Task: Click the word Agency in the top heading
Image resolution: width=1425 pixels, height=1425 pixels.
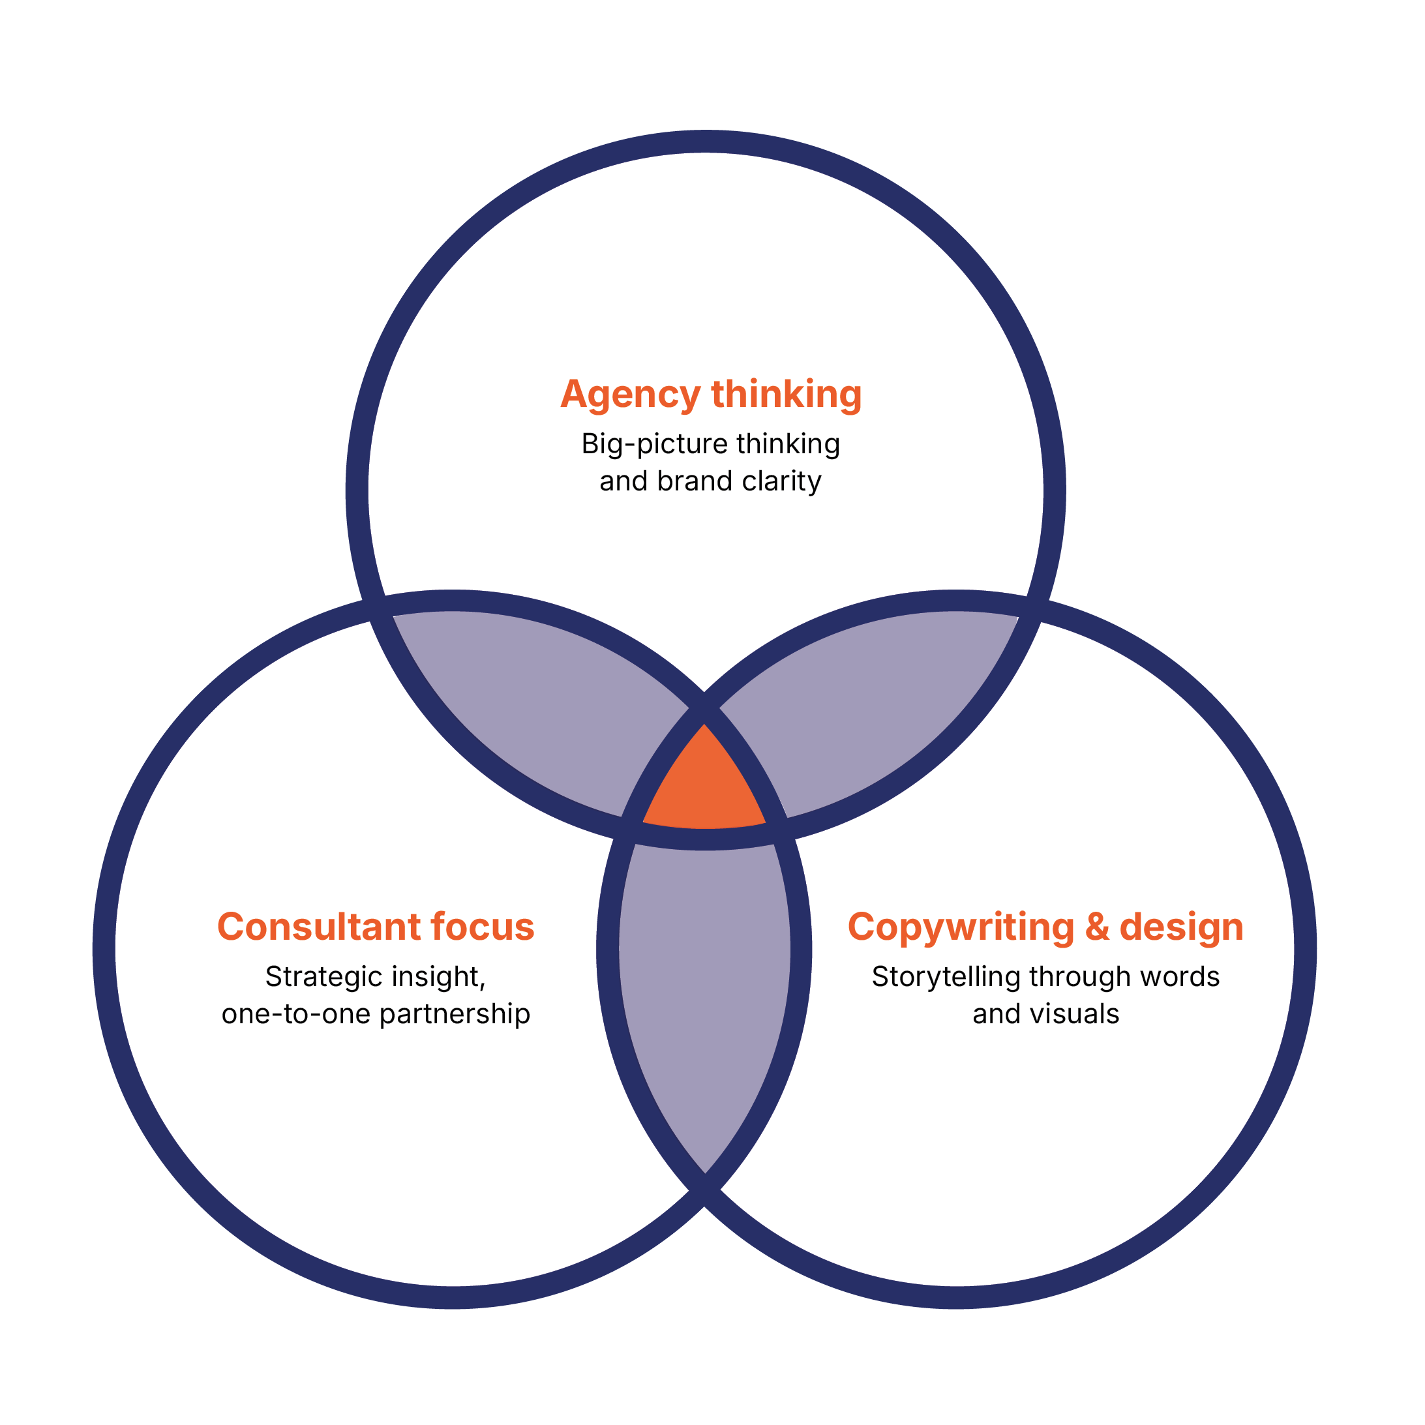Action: [x=630, y=395]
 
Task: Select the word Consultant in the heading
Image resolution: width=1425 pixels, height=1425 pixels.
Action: [x=319, y=927]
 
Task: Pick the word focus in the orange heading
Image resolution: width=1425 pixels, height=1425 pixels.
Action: [x=483, y=927]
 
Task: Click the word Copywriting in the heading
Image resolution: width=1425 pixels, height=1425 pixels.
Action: [x=960, y=927]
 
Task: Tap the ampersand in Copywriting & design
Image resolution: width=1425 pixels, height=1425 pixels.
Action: [x=1097, y=927]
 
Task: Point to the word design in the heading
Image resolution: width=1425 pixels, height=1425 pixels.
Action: [x=1182, y=927]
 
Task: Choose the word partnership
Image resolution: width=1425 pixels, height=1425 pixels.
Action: [x=455, y=1015]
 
